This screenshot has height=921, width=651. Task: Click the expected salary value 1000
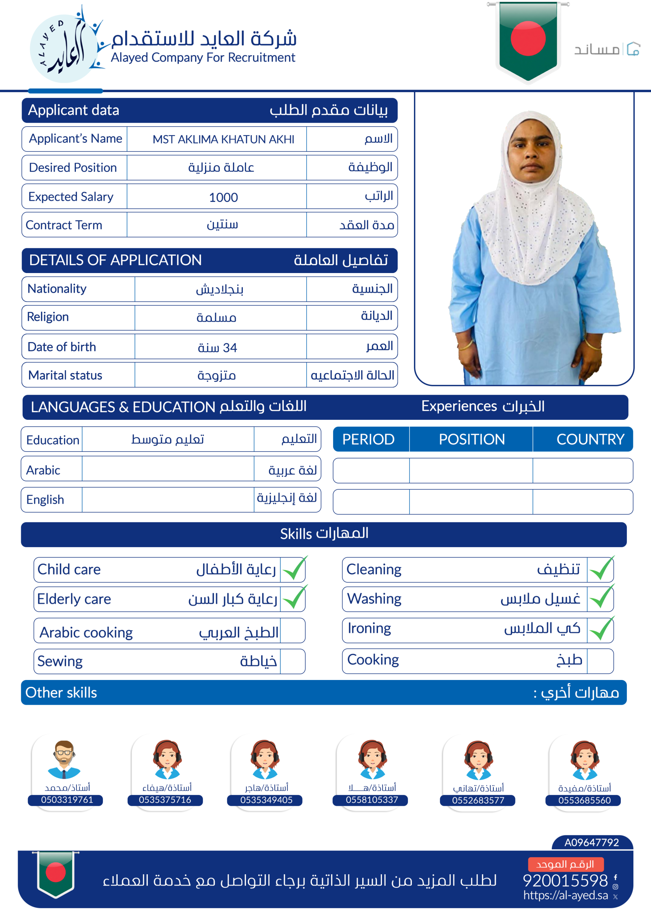coord(223,198)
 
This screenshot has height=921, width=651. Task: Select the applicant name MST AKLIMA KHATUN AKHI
coord(223,140)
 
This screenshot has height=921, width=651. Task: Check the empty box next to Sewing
coord(292,661)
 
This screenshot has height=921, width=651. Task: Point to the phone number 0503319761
coord(67,800)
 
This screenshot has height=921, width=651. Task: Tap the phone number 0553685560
coord(584,800)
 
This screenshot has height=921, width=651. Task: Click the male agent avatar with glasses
coord(64,759)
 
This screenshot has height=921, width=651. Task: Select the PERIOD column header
coord(368,439)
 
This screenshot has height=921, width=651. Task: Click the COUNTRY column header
coord(590,439)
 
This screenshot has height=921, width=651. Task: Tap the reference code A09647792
coord(591,842)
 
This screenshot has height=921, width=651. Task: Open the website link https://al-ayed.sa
coord(565,895)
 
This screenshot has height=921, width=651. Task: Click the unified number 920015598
coord(565,880)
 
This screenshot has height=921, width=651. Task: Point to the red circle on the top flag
coord(528,38)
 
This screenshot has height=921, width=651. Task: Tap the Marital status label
coord(65,376)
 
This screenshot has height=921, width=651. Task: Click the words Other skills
coord(62,693)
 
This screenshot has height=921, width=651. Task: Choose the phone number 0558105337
coord(372,800)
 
